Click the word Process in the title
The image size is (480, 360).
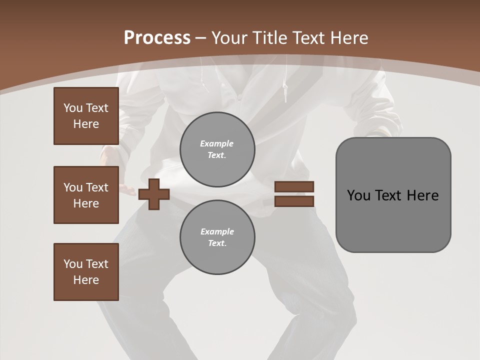(157, 37)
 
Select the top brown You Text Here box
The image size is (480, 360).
(86, 116)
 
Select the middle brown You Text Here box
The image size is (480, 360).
(86, 195)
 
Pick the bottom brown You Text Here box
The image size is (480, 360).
(86, 272)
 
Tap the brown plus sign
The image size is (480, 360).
(154, 194)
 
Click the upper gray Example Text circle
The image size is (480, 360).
(217, 149)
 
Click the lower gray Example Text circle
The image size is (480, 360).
(217, 237)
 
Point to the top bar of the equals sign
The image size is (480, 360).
(294, 186)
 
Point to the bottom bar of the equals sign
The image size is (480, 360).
(294, 201)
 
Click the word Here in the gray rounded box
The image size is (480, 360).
(422, 195)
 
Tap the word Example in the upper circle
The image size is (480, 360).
(217, 143)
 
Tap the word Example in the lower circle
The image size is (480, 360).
(217, 231)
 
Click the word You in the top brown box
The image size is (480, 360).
(72, 108)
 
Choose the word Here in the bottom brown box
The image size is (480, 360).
(86, 280)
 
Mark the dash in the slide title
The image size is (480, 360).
(201, 38)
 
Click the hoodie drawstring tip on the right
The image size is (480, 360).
(285, 92)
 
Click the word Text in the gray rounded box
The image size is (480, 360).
(389, 195)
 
